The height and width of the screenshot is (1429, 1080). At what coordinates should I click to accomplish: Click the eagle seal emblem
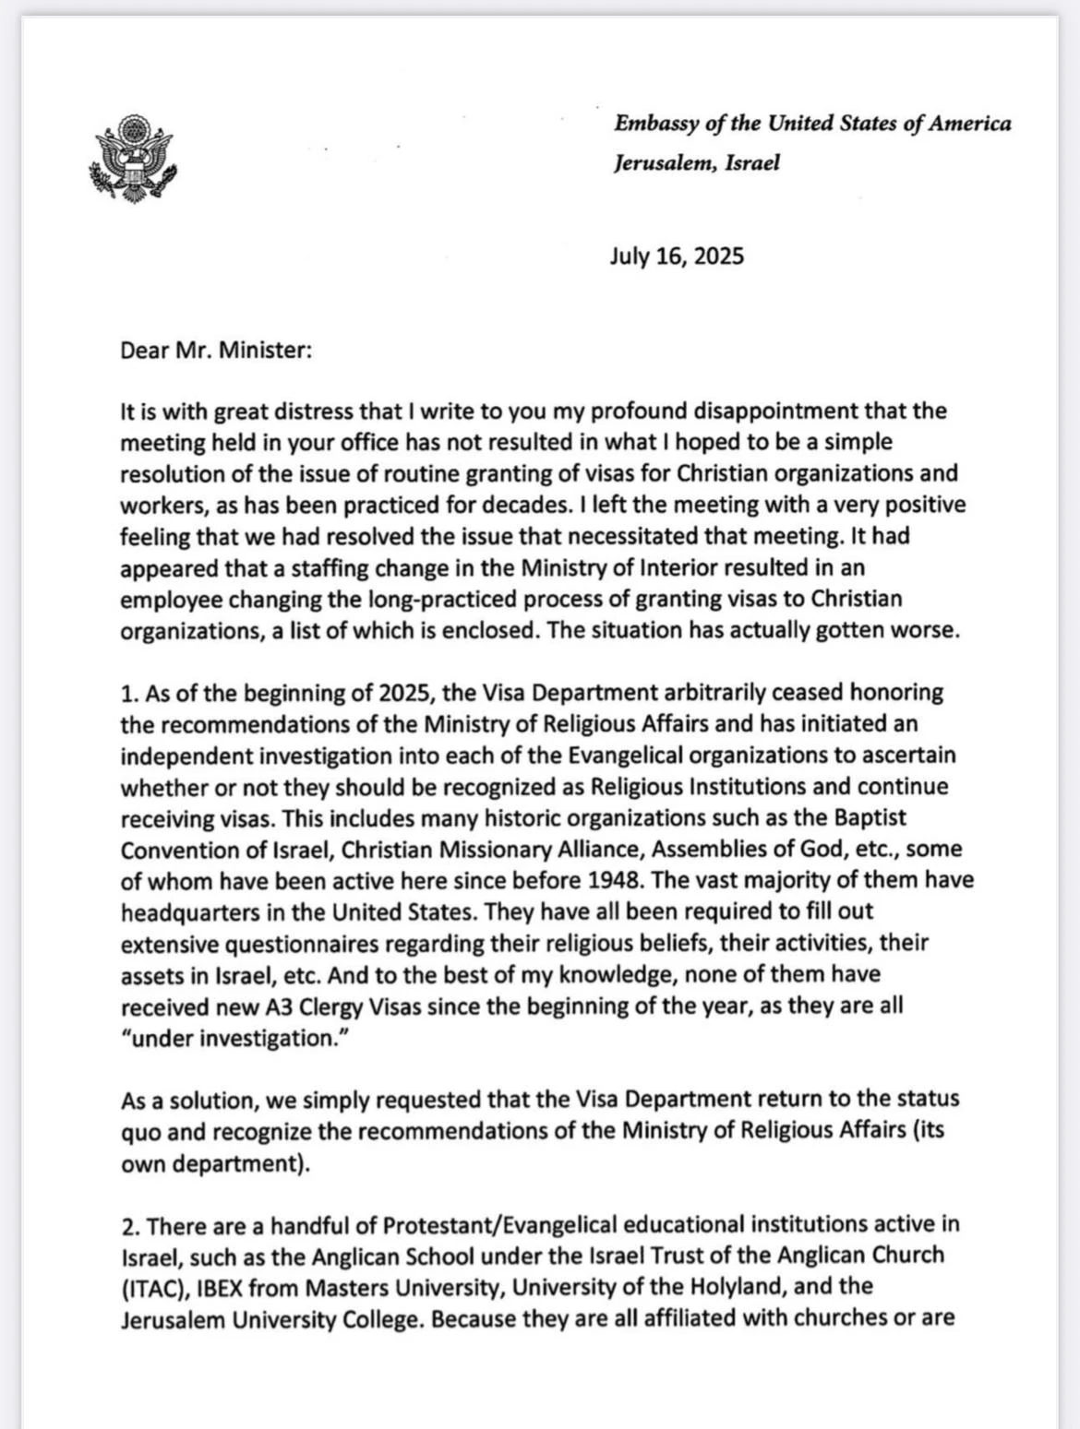(x=132, y=158)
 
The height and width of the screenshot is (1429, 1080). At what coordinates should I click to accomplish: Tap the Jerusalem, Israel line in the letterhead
(x=697, y=163)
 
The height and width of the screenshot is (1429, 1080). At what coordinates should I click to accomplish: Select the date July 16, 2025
(x=676, y=256)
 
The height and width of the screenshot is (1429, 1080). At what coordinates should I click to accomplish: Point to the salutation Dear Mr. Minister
(x=217, y=351)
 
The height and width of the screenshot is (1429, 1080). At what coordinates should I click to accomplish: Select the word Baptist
(x=871, y=817)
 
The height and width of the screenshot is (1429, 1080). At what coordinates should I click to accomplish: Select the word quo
(x=139, y=1131)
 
